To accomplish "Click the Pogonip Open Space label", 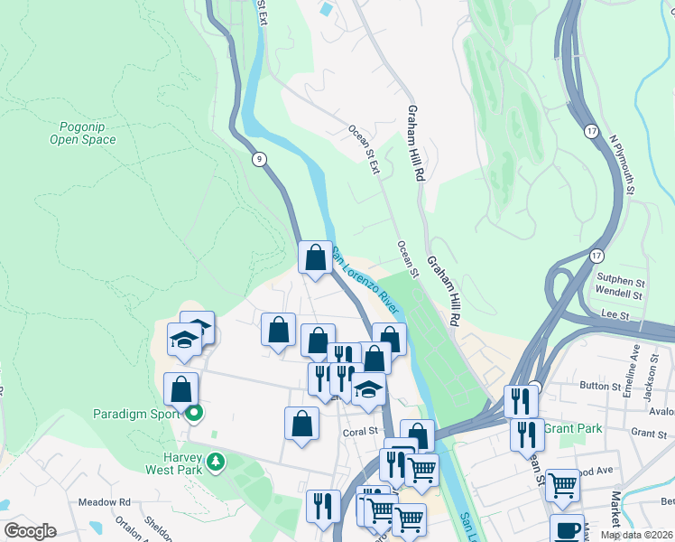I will pyautogui.click(x=83, y=134).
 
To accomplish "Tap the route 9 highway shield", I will pyautogui.click(x=260, y=160).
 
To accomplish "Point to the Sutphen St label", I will pyautogui.click(x=618, y=279).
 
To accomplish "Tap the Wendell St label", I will pyautogui.click(x=618, y=294).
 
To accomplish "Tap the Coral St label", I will pyautogui.click(x=359, y=432).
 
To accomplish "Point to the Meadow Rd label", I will pyautogui.click(x=105, y=502).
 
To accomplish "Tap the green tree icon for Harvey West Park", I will pyautogui.click(x=215, y=463).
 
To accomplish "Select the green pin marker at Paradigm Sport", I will pyautogui.click(x=192, y=415).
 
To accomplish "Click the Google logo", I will pyautogui.click(x=30, y=531).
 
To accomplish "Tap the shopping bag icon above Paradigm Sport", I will pyautogui.click(x=181, y=390).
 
